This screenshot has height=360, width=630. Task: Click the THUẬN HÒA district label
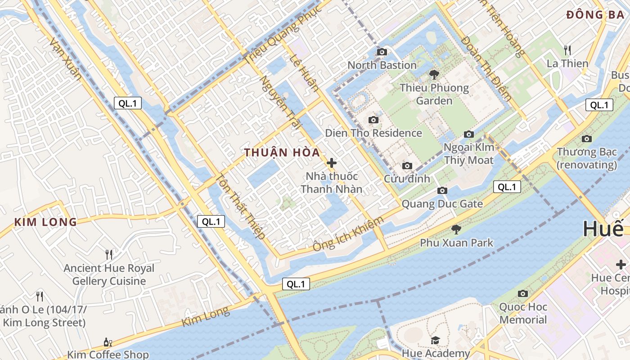[282, 152]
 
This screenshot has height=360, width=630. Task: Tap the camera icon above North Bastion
[382, 52]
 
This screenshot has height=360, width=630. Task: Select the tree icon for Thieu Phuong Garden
[434, 75]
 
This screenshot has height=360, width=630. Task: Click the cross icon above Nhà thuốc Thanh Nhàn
[332, 163]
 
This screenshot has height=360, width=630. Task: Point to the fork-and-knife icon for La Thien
[567, 50]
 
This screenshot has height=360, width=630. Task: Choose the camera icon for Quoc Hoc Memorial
[522, 294]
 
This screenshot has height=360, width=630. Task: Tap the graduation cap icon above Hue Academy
[435, 340]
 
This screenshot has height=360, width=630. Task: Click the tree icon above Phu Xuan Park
[456, 229]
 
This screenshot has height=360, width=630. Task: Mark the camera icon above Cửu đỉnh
[407, 166]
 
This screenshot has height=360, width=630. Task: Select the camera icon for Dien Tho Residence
[373, 120]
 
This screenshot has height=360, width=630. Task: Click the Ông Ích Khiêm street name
[348, 234]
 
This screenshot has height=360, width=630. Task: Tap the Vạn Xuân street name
[66, 59]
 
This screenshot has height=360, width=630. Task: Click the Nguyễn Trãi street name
[280, 103]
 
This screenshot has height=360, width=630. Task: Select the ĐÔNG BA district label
[595, 15]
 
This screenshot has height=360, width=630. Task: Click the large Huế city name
[603, 229]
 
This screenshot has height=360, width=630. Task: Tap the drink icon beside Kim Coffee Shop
[108, 342]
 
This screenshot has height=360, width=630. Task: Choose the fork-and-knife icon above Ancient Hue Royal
[108, 255]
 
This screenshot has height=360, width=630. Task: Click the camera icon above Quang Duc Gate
[442, 191]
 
